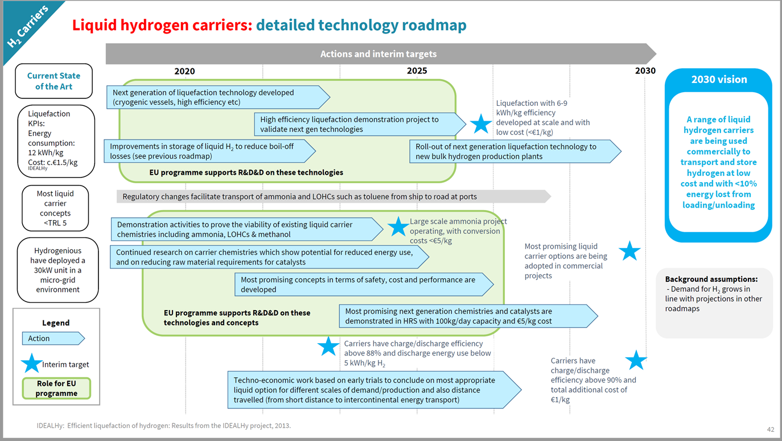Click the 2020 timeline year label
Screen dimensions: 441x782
tap(184, 71)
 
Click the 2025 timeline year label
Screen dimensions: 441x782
tap(417, 71)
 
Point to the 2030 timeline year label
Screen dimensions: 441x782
tap(645, 71)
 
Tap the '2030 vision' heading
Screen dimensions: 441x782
tap(719, 80)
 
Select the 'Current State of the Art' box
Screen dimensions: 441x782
tap(53, 81)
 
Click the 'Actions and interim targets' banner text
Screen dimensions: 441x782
tap(378, 54)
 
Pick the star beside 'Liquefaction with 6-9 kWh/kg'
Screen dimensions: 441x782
tap(481, 123)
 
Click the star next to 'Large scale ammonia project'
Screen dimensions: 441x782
tap(398, 226)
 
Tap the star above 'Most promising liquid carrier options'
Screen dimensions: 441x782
tap(629, 250)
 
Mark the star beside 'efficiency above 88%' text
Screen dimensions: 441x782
tap(328, 346)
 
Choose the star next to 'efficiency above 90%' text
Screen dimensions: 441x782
tap(636, 360)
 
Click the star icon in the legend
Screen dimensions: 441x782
tap(31, 364)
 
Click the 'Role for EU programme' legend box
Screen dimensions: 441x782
tap(56, 388)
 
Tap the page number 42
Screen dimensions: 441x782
tap(771, 429)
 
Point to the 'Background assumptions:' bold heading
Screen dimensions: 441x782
tap(711, 279)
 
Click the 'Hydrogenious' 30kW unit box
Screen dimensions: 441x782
tap(57, 270)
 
